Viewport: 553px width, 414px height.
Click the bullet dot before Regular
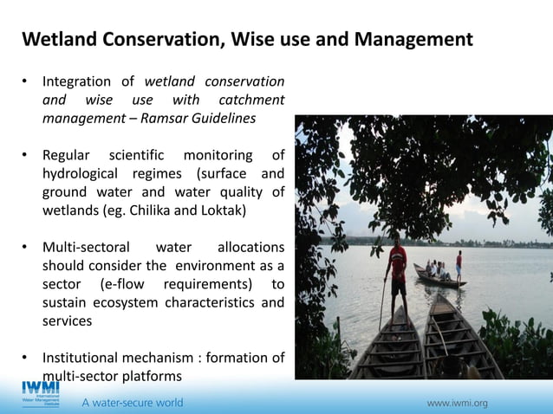tap(26, 155)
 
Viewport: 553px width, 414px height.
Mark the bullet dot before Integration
tap(26, 81)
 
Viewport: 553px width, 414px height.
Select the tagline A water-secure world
tap(132, 403)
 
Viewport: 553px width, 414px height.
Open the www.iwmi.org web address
tap(457, 403)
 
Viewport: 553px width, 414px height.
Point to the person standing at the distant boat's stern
tap(459, 265)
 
